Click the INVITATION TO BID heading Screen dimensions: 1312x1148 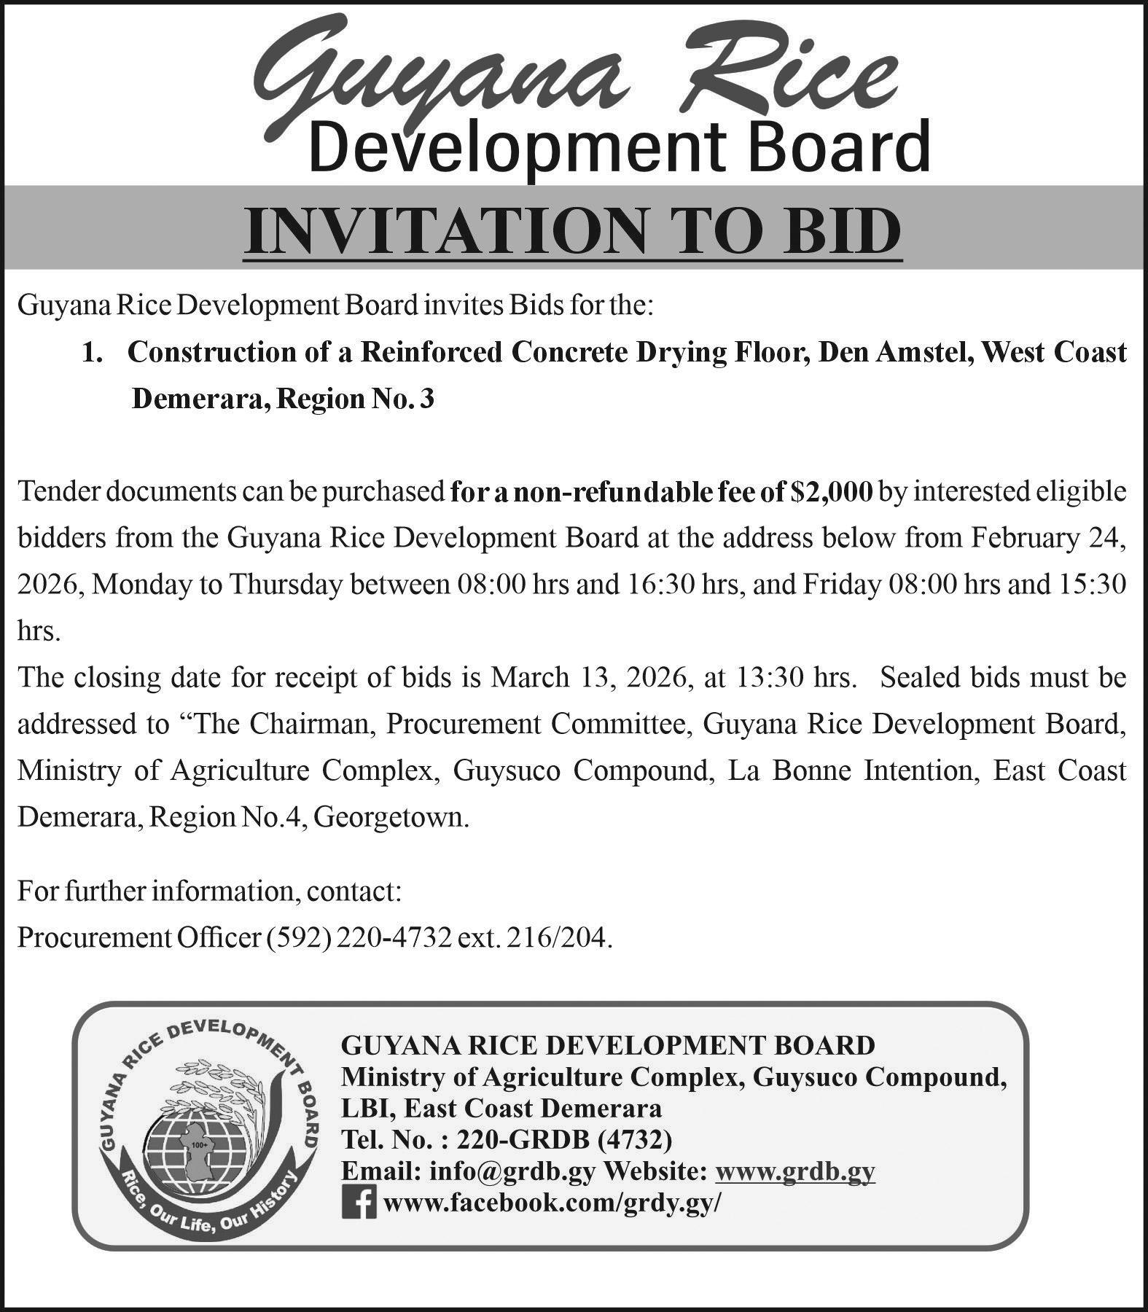click(x=573, y=230)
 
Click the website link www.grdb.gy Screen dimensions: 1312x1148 click(x=795, y=1171)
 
